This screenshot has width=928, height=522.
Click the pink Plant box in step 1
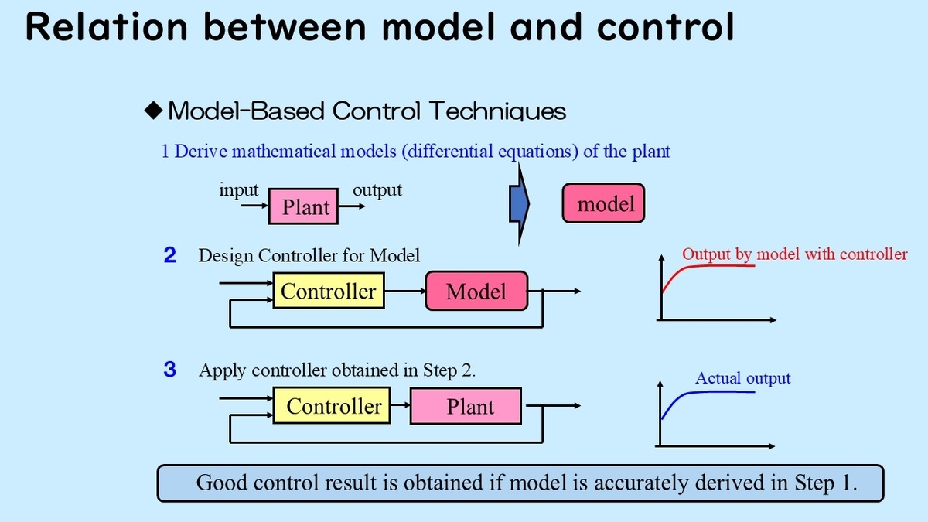coord(303,206)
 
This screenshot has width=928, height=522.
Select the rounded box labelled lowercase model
coord(603,203)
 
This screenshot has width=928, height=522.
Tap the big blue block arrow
coord(520,204)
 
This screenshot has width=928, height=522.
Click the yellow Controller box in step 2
coord(329,291)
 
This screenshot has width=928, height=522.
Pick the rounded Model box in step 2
coord(476,291)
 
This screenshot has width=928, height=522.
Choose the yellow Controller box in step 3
coord(332,405)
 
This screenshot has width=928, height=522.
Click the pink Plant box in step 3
coord(466,406)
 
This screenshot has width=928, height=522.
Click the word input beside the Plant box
coord(239,190)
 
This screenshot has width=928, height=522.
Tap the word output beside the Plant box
coord(377,190)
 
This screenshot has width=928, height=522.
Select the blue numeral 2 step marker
coord(170,254)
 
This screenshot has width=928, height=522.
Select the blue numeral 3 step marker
coord(170,369)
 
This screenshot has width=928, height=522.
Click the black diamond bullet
coord(153,110)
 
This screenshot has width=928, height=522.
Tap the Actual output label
coord(743,378)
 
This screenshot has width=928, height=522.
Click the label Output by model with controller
coord(795,254)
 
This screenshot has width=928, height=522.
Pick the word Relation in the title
coord(107,27)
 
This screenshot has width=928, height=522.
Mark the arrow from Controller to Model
coord(405,291)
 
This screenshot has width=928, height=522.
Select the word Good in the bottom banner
coord(222,483)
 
